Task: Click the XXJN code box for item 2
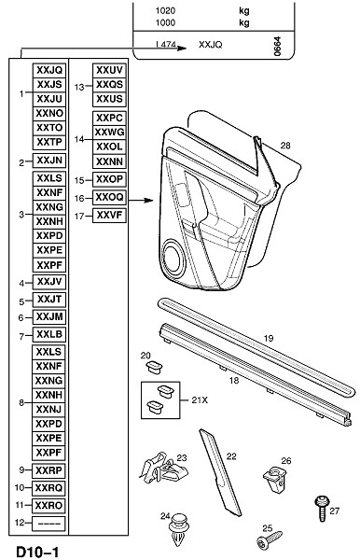(x=49, y=161)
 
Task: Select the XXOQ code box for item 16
(x=109, y=197)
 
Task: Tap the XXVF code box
(x=109, y=216)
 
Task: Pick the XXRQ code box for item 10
(x=48, y=487)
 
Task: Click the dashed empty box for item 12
(x=48, y=524)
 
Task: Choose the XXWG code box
(x=109, y=133)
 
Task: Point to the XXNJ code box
(x=48, y=410)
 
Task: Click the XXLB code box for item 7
(x=49, y=334)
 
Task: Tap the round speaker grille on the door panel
(x=173, y=259)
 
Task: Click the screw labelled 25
(x=269, y=539)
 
